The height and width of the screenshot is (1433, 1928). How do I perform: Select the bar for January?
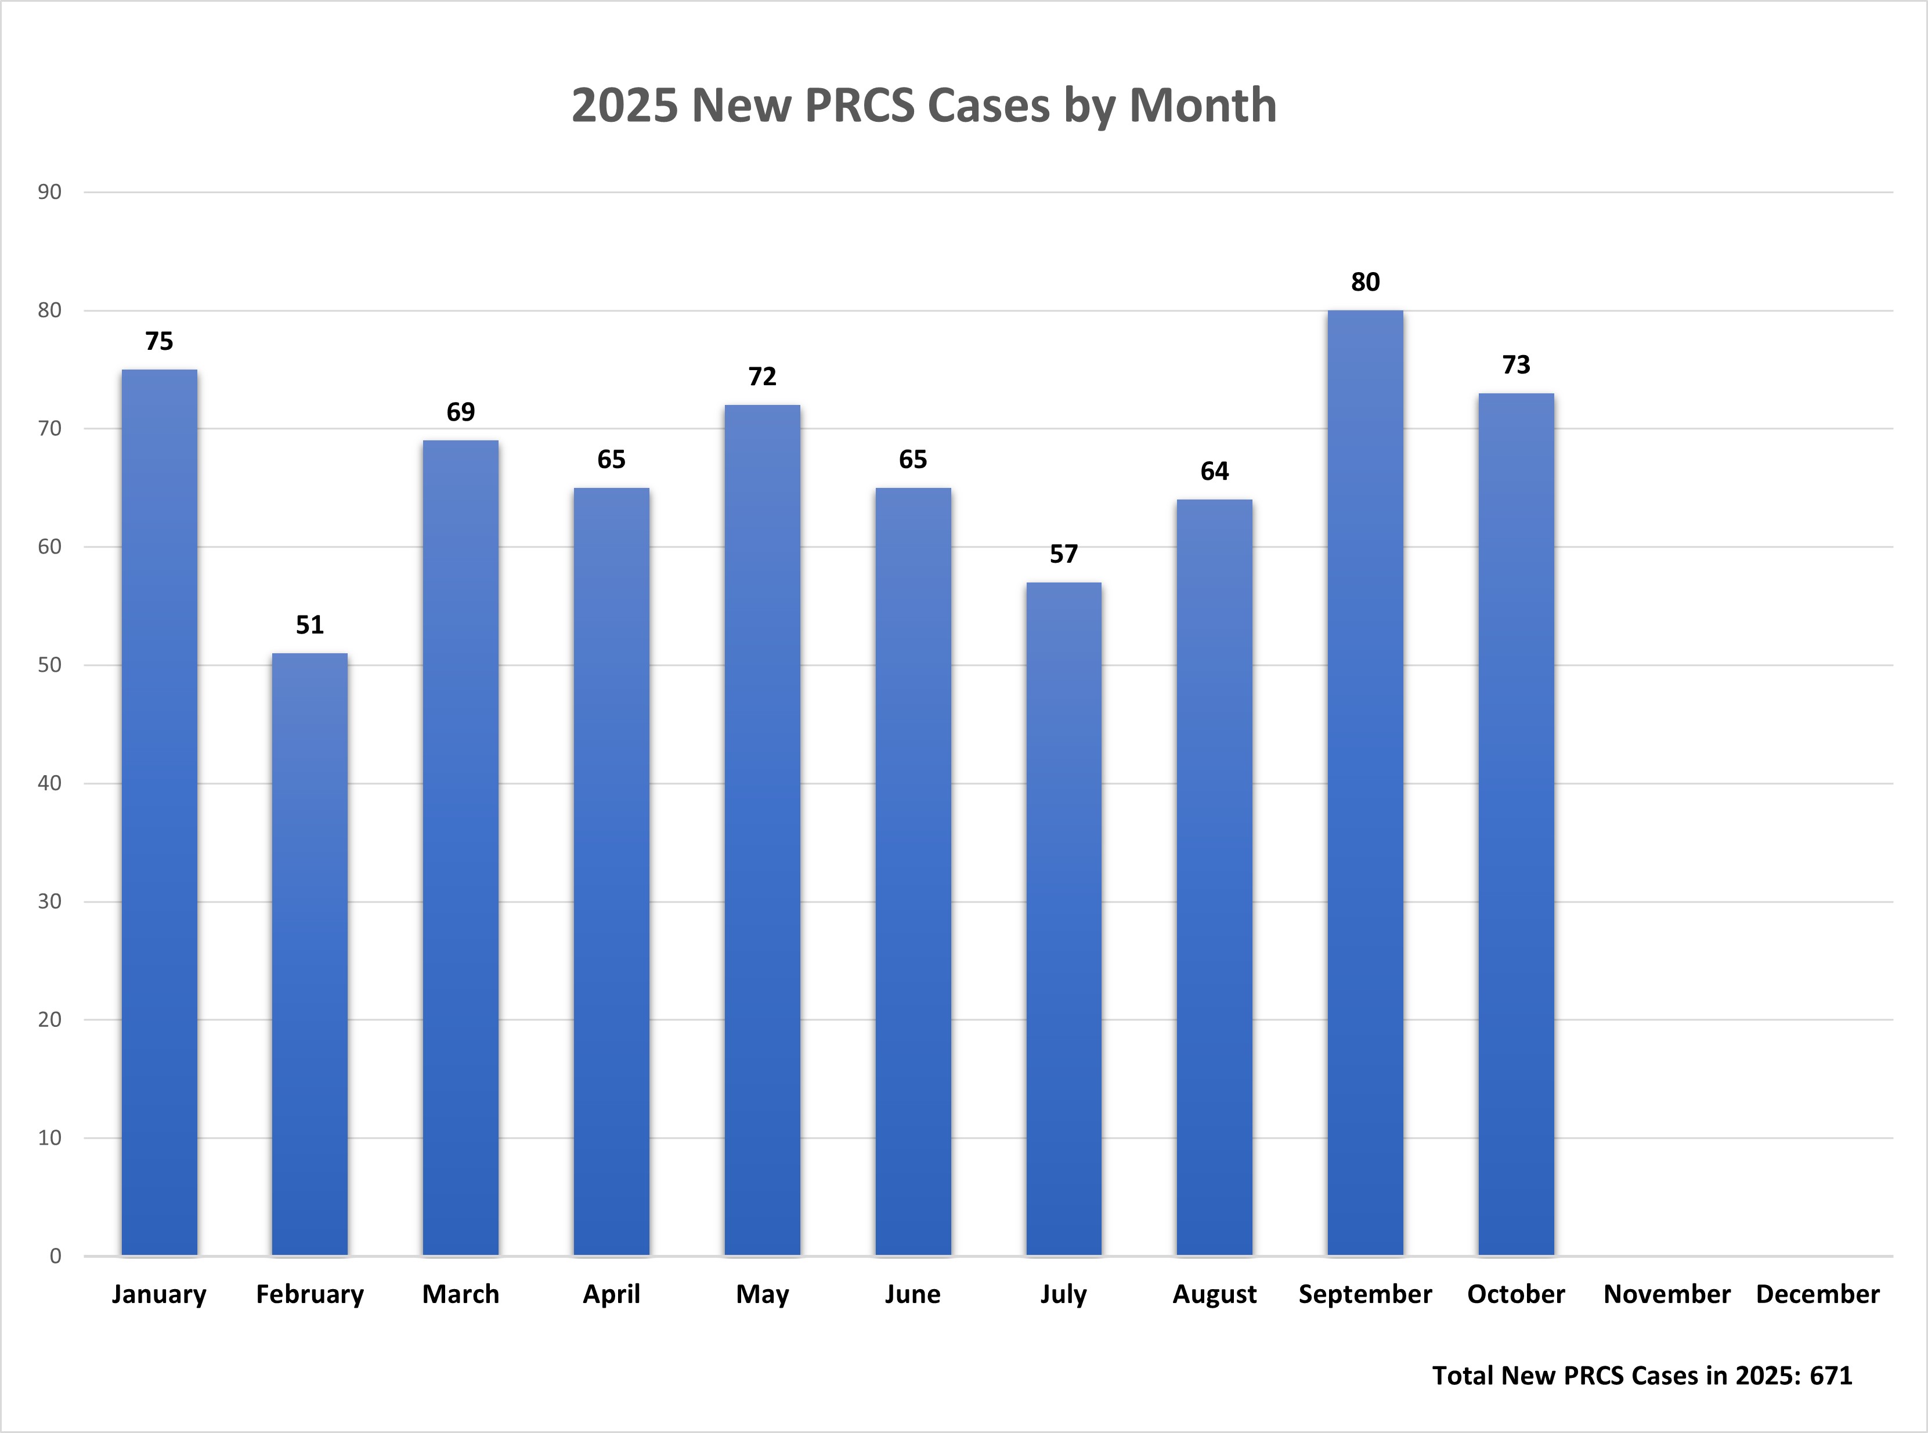[x=159, y=812]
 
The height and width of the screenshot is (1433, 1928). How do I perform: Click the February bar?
[x=310, y=954]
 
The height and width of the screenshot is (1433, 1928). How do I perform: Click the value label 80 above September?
[x=1365, y=282]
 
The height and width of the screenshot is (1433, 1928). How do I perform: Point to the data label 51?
[x=310, y=625]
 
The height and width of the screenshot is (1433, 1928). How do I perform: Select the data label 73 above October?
[x=1516, y=365]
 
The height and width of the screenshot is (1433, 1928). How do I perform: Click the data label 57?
[x=1064, y=553]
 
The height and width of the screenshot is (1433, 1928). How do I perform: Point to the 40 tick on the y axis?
[x=49, y=783]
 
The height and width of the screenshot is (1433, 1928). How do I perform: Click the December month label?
[x=1818, y=1294]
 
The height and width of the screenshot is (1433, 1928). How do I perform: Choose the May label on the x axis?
[x=762, y=1294]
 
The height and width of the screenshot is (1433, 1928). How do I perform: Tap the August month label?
[x=1215, y=1294]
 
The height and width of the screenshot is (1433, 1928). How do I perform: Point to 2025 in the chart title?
[x=624, y=106]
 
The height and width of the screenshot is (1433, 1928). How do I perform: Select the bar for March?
[x=461, y=848]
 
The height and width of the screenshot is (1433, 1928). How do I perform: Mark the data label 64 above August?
[x=1215, y=471]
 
